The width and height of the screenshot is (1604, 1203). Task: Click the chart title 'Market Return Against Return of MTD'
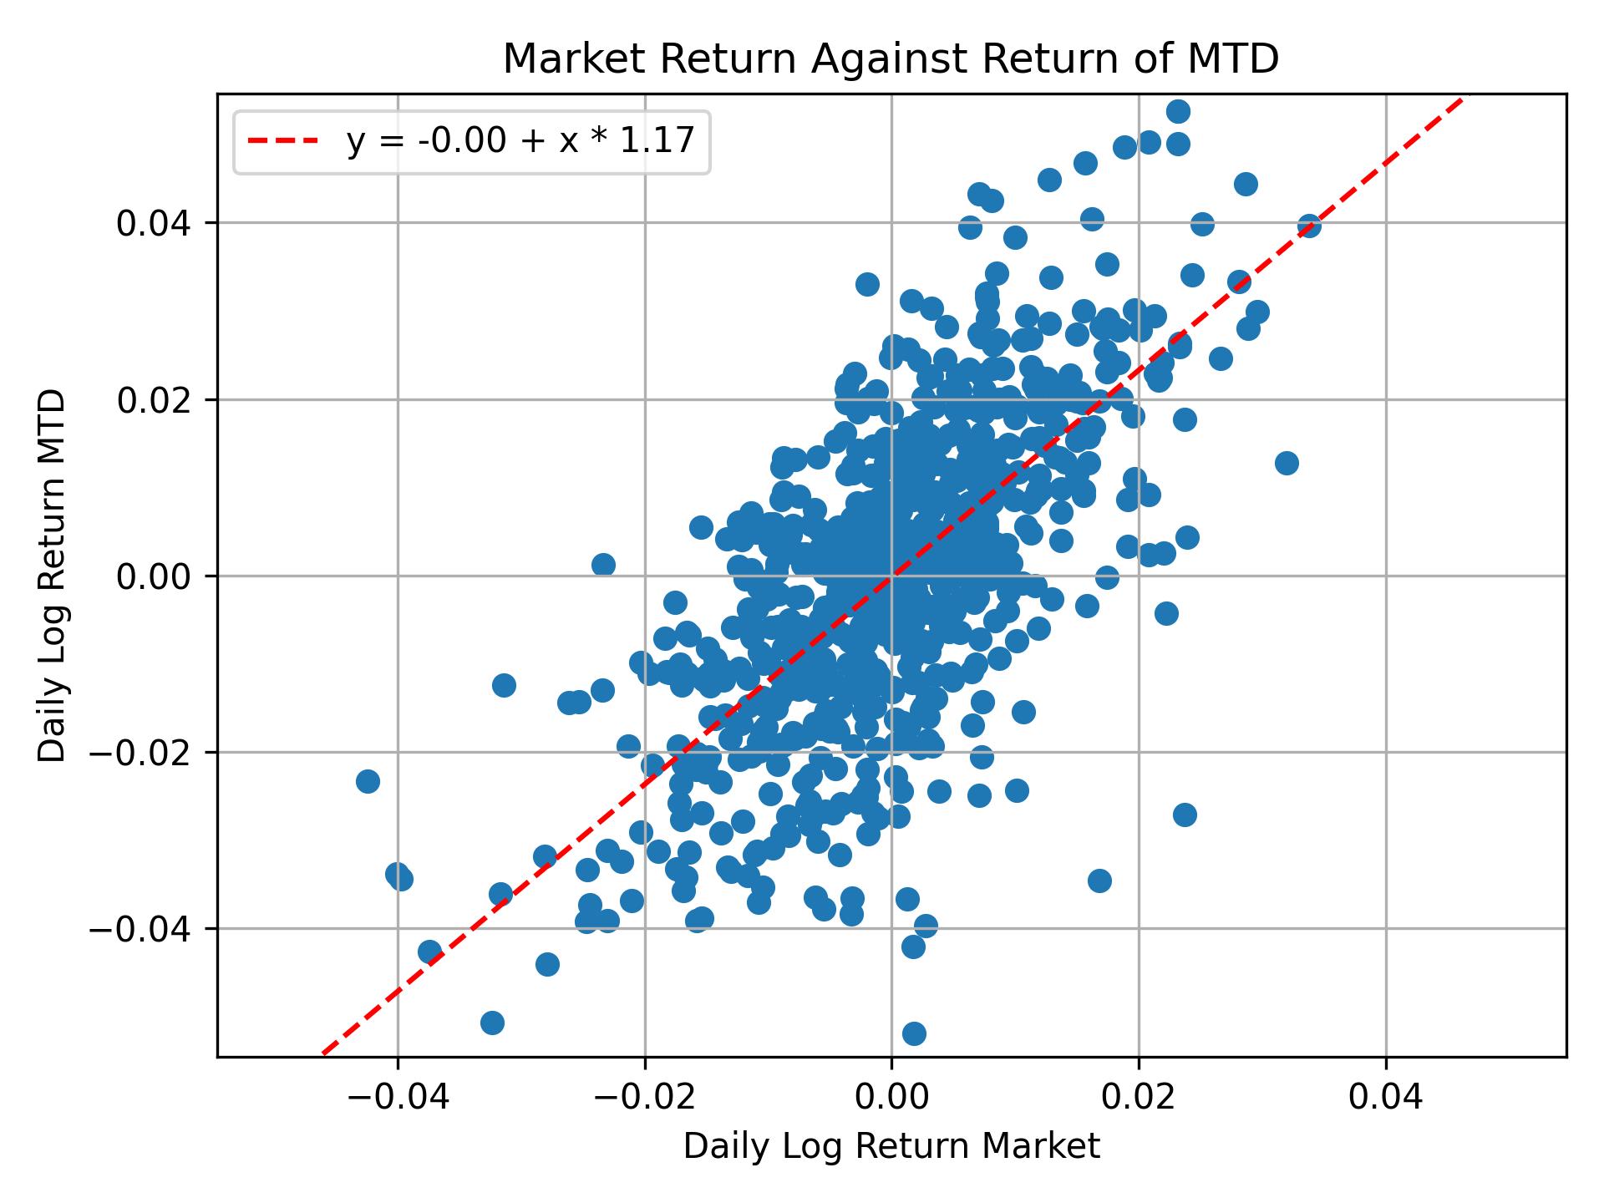pyautogui.click(x=891, y=59)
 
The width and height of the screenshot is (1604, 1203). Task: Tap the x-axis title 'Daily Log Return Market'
pyautogui.click(x=891, y=1147)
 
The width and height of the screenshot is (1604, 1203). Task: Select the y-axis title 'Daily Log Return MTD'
pyautogui.click(x=53, y=576)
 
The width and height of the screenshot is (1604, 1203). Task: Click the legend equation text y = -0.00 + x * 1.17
pyautogui.click(x=520, y=142)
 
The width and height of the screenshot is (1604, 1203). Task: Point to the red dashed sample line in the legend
pyautogui.click(x=283, y=142)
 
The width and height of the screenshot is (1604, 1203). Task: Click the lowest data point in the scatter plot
pyautogui.click(x=914, y=1033)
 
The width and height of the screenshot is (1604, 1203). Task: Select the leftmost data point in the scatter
pyautogui.click(x=368, y=781)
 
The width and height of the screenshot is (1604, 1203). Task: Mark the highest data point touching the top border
pyautogui.click(x=1178, y=111)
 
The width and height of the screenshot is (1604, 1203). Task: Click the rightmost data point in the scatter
pyautogui.click(x=1309, y=226)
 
